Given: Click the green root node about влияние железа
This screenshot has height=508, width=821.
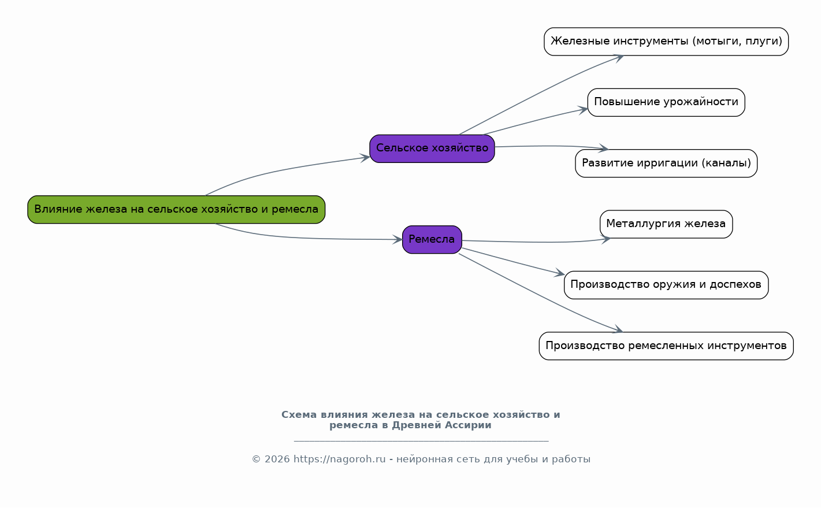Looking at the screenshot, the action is [x=176, y=210].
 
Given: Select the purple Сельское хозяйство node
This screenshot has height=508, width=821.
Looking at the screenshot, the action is [x=432, y=149].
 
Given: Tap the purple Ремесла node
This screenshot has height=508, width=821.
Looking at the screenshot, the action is [x=432, y=240].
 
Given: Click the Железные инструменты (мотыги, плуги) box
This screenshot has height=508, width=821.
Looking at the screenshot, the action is [x=666, y=42].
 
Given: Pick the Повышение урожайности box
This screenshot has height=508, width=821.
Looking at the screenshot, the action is [x=666, y=103].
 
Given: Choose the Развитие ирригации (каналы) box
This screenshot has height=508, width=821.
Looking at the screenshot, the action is [x=666, y=164].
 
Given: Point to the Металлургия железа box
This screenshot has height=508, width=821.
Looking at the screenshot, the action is [x=666, y=224].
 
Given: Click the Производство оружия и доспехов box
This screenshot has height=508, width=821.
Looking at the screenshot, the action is [x=666, y=285].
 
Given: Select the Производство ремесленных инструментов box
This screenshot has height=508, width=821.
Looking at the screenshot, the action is [x=666, y=346].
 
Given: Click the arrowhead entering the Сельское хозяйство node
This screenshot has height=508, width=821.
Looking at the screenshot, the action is [x=365, y=158].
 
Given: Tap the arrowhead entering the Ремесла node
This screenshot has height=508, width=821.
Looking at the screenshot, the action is [x=398, y=240].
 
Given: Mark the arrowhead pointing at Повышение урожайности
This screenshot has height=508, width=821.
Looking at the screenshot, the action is [x=583, y=110].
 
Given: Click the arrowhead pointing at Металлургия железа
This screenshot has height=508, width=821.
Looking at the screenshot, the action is [x=605, y=239].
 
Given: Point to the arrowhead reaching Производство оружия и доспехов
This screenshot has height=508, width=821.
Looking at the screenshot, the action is [x=559, y=273].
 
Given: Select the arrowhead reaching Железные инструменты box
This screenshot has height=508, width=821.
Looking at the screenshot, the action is [x=618, y=58].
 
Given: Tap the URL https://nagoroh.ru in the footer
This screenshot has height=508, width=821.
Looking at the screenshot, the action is [x=339, y=459].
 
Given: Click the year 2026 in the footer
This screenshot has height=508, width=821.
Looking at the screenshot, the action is [x=277, y=459].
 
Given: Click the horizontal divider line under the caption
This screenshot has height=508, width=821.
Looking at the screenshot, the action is [x=421, y=442].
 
